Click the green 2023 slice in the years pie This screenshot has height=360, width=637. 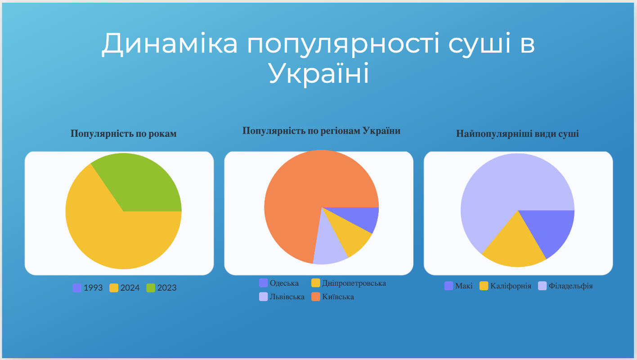coord(142,185)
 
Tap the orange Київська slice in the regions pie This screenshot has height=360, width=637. coord(307,193)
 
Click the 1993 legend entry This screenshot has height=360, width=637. coord(88,288)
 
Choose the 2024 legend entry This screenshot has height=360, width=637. coord(125,288)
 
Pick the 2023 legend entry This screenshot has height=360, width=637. coord(161,288)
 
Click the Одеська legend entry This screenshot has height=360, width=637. coord(279,283)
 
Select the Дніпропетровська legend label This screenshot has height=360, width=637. coord(354,283)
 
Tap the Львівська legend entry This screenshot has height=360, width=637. coord(282,297)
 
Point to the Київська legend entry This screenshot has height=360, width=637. coord(333,297)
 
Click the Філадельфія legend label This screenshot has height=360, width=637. coord(570,286)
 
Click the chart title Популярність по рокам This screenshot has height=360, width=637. coord(123,133)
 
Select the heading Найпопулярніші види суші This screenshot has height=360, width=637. coord(517,133)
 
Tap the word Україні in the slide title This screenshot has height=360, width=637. coord(319,73)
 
